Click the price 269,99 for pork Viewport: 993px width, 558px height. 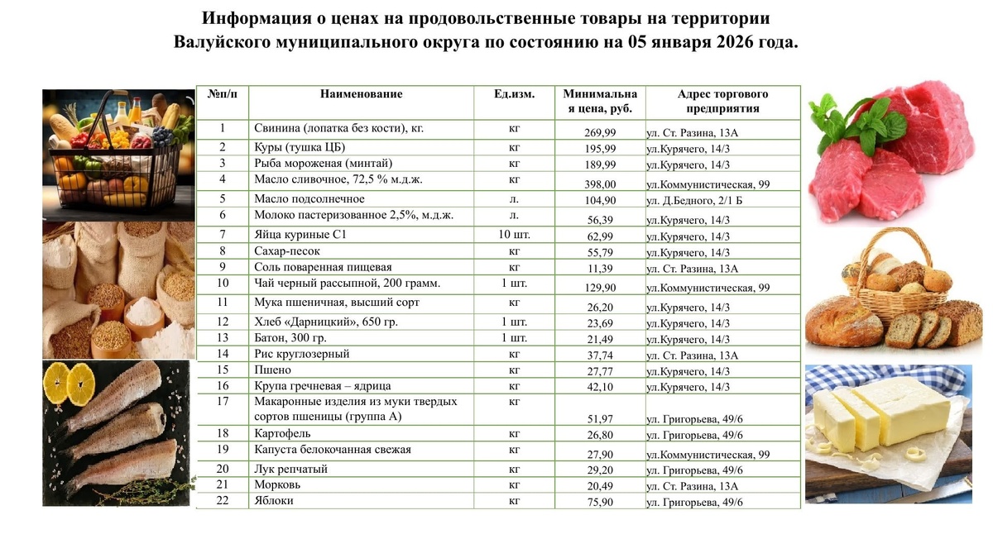pyautogui.click(x=600, y=133)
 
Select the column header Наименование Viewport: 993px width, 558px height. pyautogui.click(x=361, y=94)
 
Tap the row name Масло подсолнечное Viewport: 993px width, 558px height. pyautogui.click(x=309, y=198)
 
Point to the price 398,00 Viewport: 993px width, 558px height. pyautogui.click(x=600, y=184)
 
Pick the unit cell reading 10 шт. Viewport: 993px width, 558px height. pyautogui.click(x=514, y=235)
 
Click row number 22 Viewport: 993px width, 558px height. pyautogui.click(x=222, y=501)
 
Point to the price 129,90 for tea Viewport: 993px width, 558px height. pyautogui.click(x=600, y=288)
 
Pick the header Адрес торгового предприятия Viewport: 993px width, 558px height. pyautogui.click(x=722, y=102)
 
